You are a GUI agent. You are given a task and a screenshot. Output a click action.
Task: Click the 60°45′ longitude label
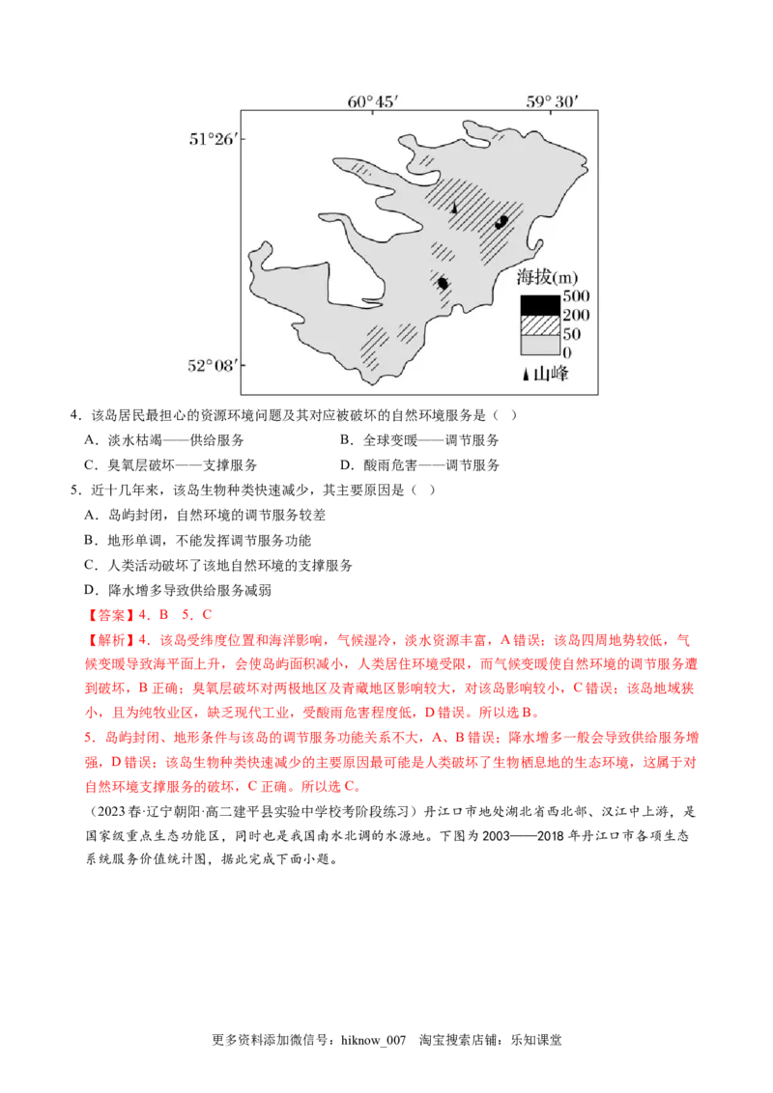[373, 101]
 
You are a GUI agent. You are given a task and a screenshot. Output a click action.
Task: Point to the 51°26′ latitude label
[214, 139]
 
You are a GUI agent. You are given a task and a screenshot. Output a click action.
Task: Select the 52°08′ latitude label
[213, 365]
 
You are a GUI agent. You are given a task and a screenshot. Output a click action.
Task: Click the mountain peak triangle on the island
[454, 207]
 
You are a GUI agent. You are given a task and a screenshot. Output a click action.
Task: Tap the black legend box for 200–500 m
[540, 305]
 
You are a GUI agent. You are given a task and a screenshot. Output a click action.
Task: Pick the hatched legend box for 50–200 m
[540, 324]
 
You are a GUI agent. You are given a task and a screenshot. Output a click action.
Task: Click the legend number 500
[576, 296]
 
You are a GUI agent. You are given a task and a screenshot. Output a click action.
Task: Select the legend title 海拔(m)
[547, 277]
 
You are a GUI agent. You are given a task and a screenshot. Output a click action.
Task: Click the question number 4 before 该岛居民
[74, 415]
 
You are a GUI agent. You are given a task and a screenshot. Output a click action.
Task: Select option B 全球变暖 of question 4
[420, 440]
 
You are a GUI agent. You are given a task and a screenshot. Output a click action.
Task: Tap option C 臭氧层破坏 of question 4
[171, 465]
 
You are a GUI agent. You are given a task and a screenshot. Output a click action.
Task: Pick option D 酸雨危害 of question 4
[420, 465]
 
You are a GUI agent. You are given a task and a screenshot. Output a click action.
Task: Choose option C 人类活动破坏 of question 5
[218, 565]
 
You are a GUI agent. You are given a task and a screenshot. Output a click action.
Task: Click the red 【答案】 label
[110, 615]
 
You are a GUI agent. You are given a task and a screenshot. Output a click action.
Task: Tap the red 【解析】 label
[110, 640]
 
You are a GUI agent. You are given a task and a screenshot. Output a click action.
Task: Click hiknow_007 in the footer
[373, 1040]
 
